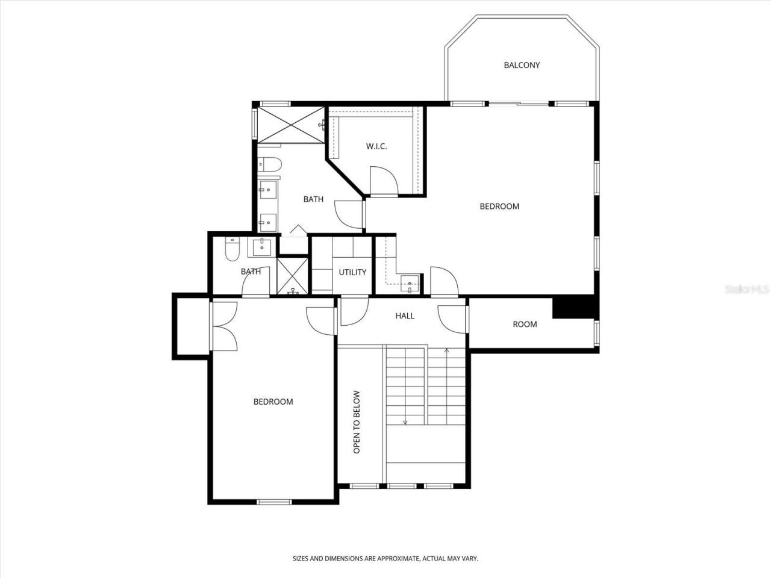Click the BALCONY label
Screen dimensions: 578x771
(x=522, y=65)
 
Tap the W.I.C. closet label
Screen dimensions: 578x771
(x=376, y=146)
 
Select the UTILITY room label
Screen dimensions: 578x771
(x=352, y=272)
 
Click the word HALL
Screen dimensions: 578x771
(x=405, y=315)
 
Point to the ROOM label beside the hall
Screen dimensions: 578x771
(x=525, y=324)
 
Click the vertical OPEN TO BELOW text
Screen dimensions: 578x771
(x=357, y=422)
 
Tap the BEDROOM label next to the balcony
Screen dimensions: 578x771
(x=499, y=206)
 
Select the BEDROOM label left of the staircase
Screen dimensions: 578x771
(x=273, y=402)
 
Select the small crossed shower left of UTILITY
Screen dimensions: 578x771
(x=292, y=276)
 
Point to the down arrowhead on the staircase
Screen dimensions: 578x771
(x=405, y=422)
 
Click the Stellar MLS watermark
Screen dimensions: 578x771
(x=747, y=290)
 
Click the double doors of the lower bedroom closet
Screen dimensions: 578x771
(x=223, y=325)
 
